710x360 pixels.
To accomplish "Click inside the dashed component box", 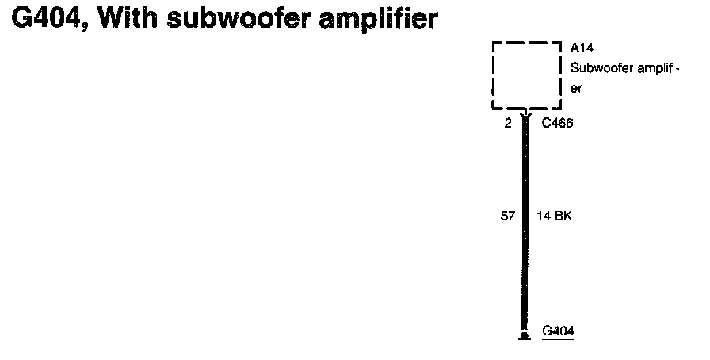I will pyautogui.click(x=527, y=75).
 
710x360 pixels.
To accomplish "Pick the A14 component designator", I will pyautogui.click(x=582, y=49).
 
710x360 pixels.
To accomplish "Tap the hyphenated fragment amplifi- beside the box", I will pyautogui.click(x=655, y=69).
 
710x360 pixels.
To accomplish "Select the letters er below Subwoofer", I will pyautogui.click(x=576, y=89).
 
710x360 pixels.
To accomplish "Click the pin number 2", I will pyautogui.click(x=507, y=124).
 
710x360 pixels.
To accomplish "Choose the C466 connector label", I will pyautogui.click(x=556, y=124).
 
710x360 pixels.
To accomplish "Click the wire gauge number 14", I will pyautogui.click(x=544, y=215).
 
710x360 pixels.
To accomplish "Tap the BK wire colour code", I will pyautogui.click(x=562, y=215).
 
